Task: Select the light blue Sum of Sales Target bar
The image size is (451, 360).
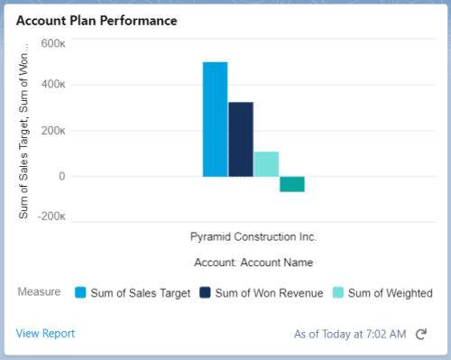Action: pos(215,119)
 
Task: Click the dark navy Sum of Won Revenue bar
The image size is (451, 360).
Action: pos(241,139)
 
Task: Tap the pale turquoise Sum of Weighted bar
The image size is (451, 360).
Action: pos(266,163)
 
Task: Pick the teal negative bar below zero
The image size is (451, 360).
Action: pos(291,184)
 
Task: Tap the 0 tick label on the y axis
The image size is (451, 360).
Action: pos(60,176)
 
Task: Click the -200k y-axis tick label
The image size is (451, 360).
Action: pos(51,217)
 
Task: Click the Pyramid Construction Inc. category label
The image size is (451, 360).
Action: pos(253,237)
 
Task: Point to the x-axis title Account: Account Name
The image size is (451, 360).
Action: pos(253,263)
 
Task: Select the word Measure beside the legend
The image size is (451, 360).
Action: pos(39,292)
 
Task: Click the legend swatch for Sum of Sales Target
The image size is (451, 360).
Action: pos(80,292)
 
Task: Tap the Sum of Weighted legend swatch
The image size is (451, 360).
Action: pos(339,292)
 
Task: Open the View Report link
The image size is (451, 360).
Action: pos(45,333)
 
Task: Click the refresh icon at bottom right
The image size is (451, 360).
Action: pos(420,334)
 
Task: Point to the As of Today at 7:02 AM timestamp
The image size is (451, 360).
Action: pos(350,334)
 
